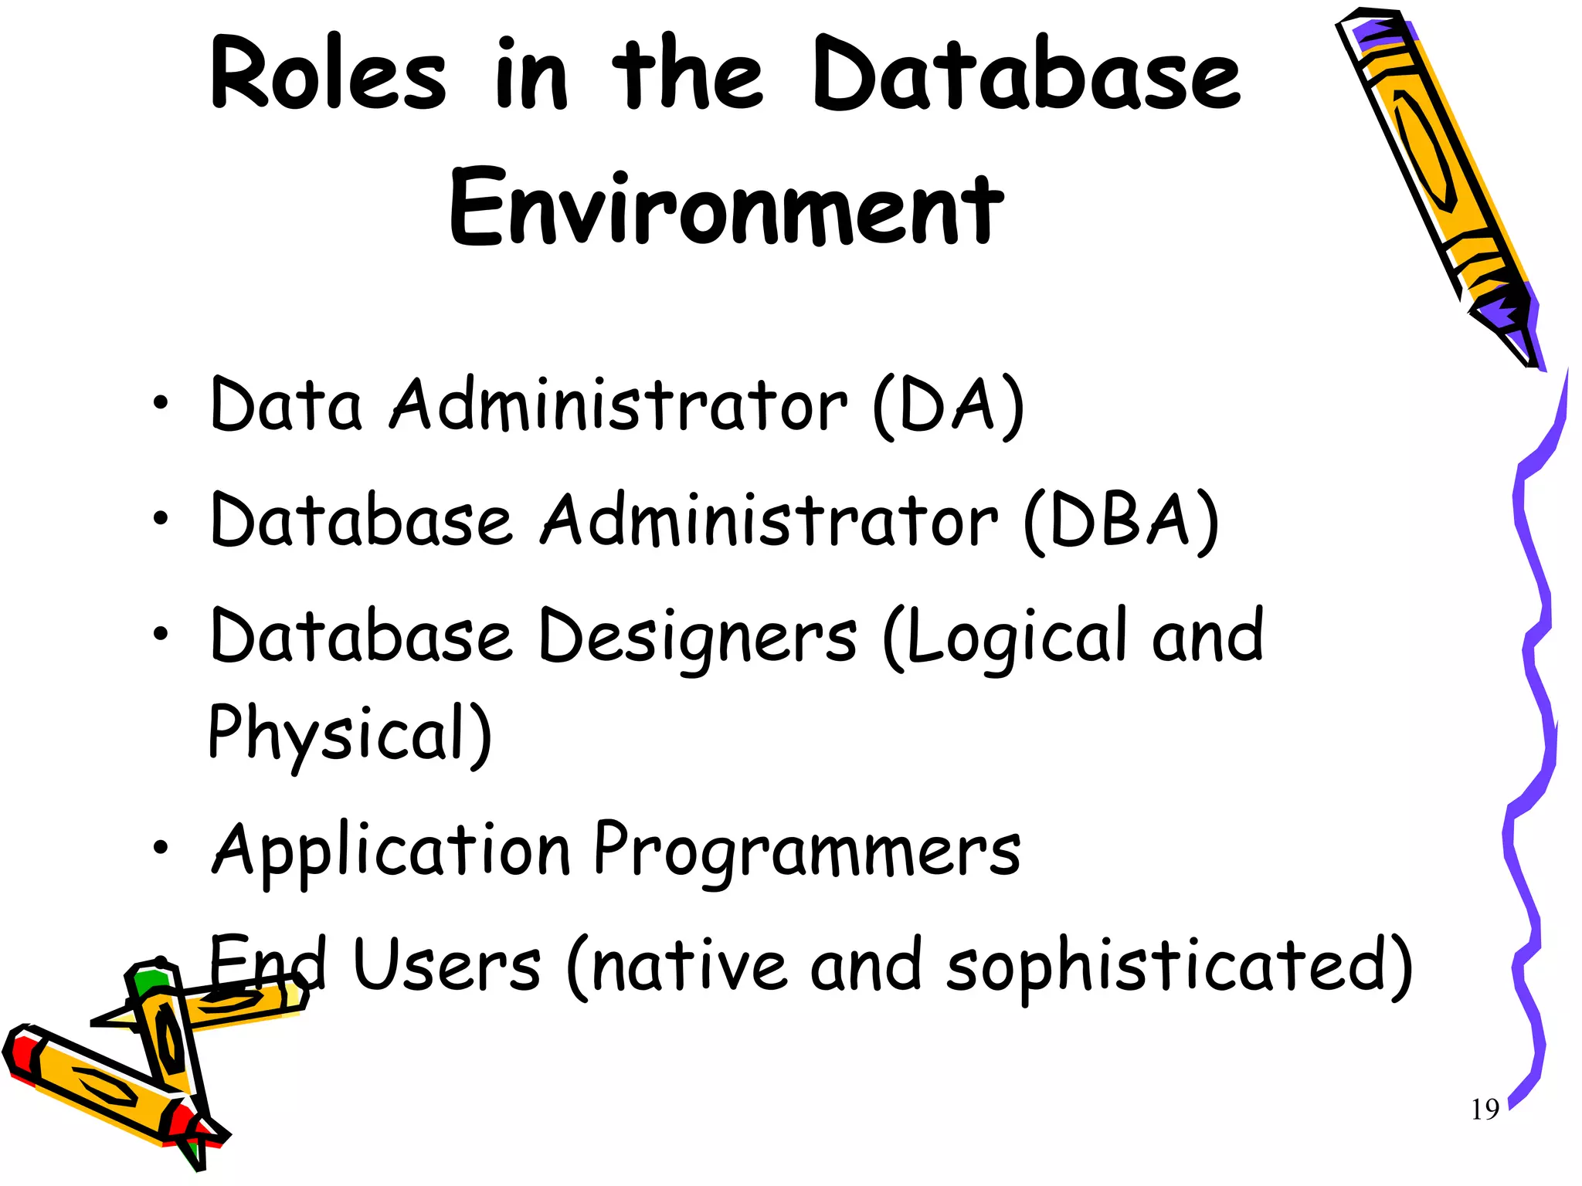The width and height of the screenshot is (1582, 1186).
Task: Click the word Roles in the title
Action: point(328,76)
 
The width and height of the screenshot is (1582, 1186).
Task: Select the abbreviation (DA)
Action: point(948,406)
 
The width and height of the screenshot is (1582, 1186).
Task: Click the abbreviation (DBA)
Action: point(1121,521)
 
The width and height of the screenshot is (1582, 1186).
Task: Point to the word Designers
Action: point(698,639)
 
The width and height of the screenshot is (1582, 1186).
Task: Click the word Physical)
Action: point(349,734)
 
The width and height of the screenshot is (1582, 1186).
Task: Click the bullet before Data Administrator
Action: point(160,402)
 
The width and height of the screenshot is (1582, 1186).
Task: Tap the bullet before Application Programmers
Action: point(160,847)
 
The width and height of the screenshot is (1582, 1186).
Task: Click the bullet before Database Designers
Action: point(160,635)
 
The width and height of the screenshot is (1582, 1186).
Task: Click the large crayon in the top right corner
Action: point(1437,185)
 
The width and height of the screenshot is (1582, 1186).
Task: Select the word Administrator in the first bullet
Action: point(618,406)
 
